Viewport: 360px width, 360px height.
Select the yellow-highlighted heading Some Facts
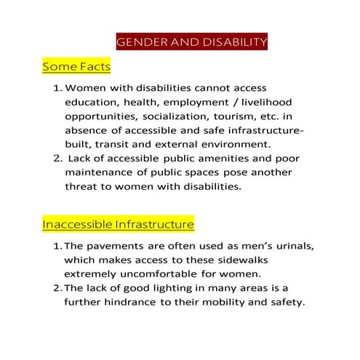pos(76,67)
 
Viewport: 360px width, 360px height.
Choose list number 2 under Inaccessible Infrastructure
pos(57,289)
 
